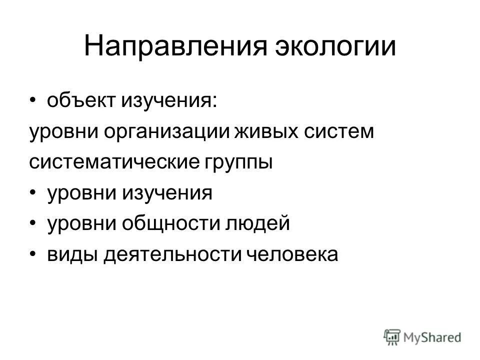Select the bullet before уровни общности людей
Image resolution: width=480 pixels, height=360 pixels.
32,223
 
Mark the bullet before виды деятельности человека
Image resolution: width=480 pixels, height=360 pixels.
32,254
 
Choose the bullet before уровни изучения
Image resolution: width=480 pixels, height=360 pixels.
32,193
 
